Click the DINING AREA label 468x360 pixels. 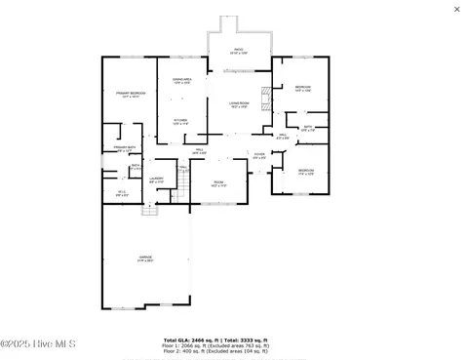tap(181, 80)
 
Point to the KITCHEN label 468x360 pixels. tap(180, 121)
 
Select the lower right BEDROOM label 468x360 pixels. tap(305, 172)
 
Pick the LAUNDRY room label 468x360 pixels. tap(156, 180)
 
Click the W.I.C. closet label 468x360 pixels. tap(120, 193)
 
